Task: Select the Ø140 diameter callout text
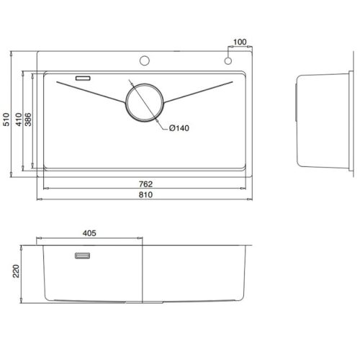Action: click(179, 129)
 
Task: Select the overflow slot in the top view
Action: click(82, 76)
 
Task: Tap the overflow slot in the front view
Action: click(82, 255)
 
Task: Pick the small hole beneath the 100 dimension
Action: click(228, 60)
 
